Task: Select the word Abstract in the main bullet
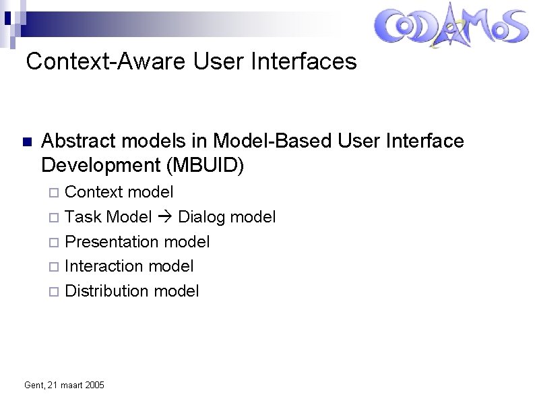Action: coord(75,141)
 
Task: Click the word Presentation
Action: coord(113,241)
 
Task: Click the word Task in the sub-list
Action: coord(83,217)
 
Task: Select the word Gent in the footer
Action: coord(32,385)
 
